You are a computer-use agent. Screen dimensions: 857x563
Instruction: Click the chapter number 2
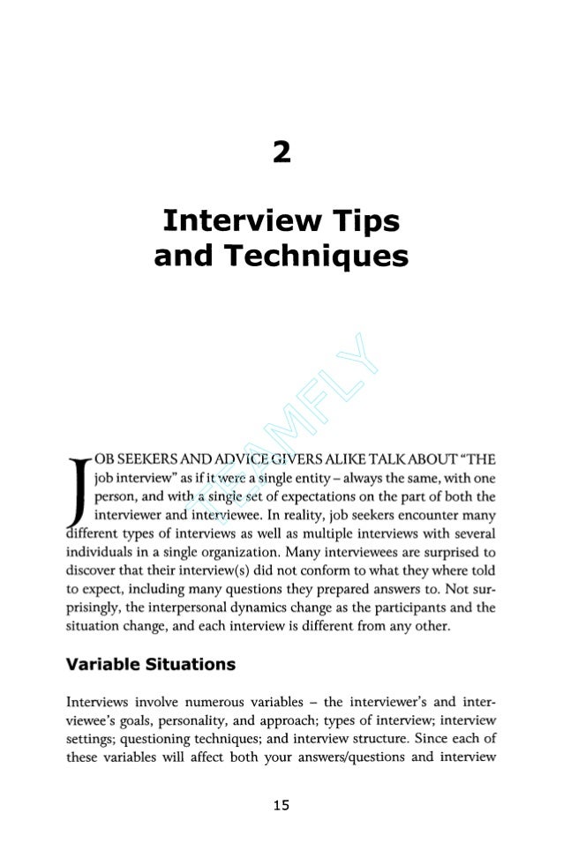coord(281,153)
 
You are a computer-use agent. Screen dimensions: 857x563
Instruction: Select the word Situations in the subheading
coord(193,664)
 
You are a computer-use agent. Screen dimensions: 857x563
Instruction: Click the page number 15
coord(281,805)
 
